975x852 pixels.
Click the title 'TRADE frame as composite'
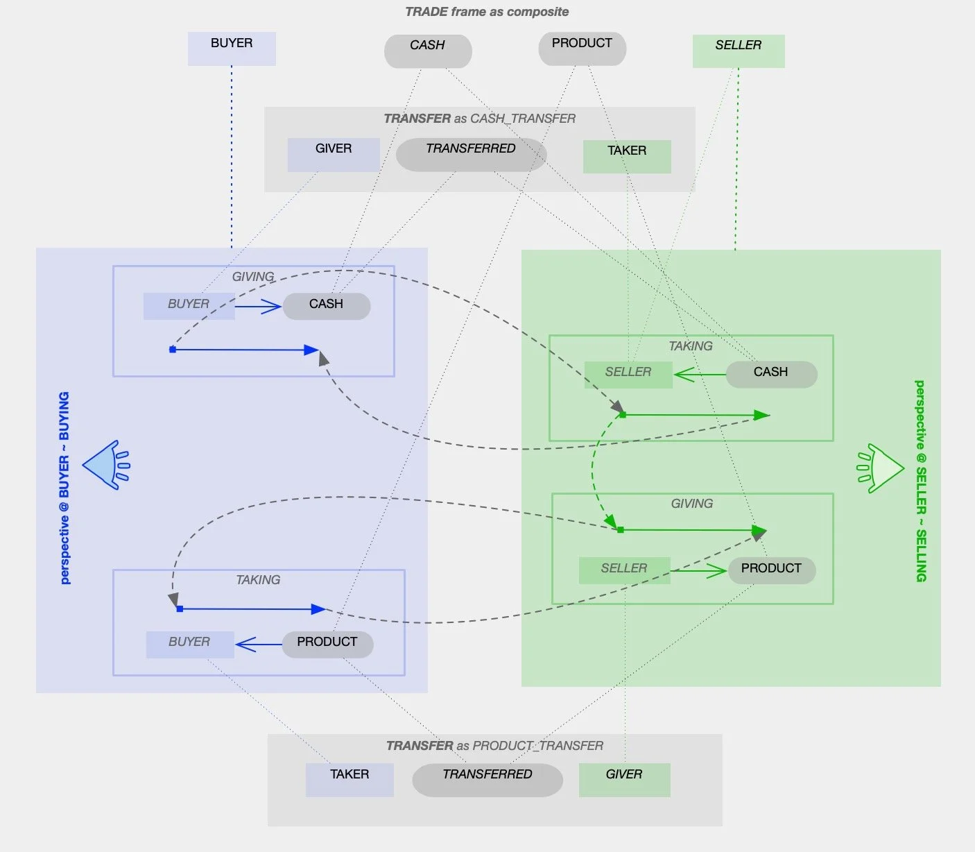pyautogui.click(x=487, y=12)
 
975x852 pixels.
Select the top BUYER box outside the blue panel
pyautogui.click(x=232, y=49)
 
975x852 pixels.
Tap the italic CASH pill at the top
pyautogui.click(x=428, y=51)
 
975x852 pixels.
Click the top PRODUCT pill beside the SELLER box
pyautogui.click(x=582, y=49)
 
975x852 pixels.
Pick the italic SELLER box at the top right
pyautogui.click(x=739, y=51)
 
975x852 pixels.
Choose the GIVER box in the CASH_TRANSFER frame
pyautogui.click(x=334, y=155)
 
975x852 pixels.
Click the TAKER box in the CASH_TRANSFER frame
pyautogui.click(x=627, y=156)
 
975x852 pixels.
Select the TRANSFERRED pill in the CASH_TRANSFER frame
pyautogui.click(x=472, y=155)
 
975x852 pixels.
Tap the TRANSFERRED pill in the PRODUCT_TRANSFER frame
pyautogui.click(x=487, y=780)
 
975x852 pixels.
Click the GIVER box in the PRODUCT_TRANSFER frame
pyautogui.click(x=625, y=780)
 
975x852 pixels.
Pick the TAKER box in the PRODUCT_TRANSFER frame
pyautogui.click(x=350, y=780)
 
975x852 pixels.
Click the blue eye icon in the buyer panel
pyautogui.click(x=106, y=465)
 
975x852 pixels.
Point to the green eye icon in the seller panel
pyautogui.click(x=880, y=468)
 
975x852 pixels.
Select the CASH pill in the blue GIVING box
pyautogui.click(x=327, y=306)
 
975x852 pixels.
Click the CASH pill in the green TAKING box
pyautogui.click(x=772, y=374)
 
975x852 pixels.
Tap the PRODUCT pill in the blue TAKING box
pyautogui.click(x=327, y=645)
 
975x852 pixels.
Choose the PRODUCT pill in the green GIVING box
pyautogui.click(x=772, y=571)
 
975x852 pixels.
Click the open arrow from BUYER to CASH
pyautogui.click(x=258, y=306)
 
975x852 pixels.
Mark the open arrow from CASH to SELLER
pyautogui.click(x=700, y=374)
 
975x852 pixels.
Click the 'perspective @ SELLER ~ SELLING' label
pyautogui.click(x=921, y=481)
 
